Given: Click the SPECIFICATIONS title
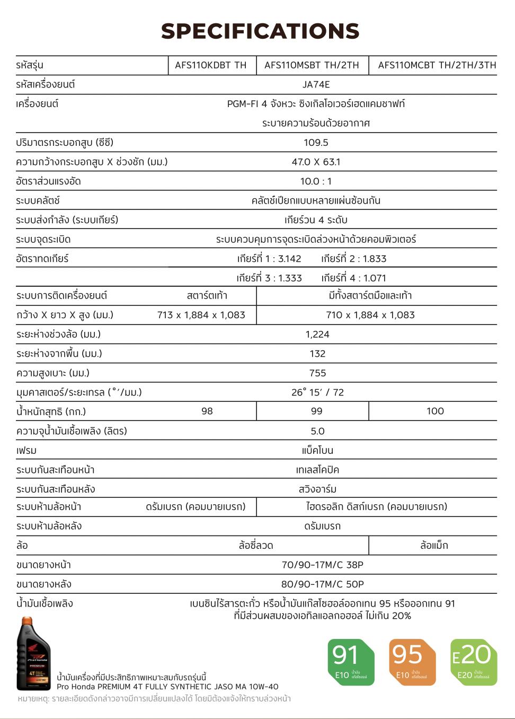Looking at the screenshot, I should coord(260,31).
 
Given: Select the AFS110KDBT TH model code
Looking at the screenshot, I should coord(210,65).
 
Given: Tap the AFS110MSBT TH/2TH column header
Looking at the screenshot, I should coord(312,65).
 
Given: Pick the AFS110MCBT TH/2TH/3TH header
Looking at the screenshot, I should coord(437,65).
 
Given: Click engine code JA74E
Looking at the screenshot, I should coord(316,84).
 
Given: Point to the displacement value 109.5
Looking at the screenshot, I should coord(316,142).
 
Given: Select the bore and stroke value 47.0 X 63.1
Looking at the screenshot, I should coord(316,162).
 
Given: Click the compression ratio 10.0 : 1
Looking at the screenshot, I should coord(316,181).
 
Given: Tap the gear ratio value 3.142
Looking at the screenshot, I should coord(289,259).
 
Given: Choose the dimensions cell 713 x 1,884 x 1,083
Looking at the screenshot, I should coord(201,315).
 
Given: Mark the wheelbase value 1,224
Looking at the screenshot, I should coord(317,334).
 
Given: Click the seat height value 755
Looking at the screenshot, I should coord(317,373).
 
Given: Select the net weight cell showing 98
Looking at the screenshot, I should coord(207,411).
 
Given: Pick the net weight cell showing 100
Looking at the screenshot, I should coord(435,411).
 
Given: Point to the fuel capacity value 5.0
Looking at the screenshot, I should coord(317,431).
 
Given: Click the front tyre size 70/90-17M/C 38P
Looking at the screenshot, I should coord(322,565).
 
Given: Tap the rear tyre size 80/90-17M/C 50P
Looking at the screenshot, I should coord(322,584).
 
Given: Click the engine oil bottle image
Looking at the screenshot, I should coord(33,653).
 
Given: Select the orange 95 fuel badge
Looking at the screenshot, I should coord(412,662).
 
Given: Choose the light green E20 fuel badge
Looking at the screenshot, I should coord(473,662).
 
